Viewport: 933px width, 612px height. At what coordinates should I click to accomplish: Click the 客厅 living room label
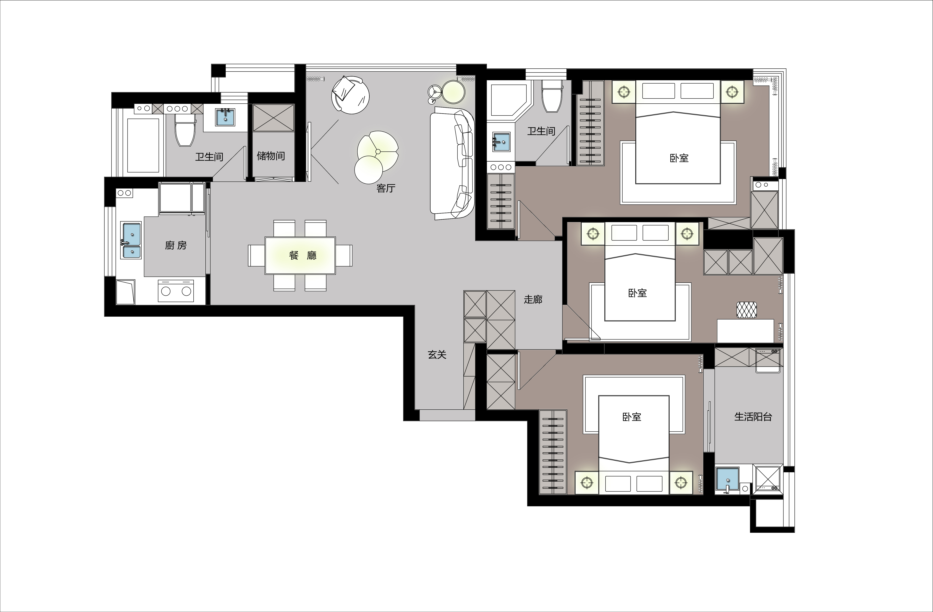[x=386, y=188]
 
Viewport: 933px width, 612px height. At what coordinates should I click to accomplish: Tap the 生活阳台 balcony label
[x=753, y=417]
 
